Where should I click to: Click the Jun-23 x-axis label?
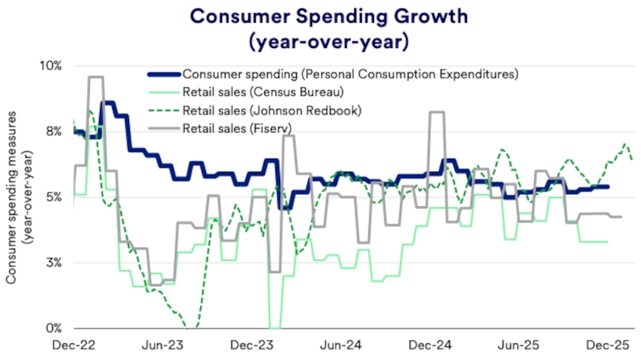[163, 346]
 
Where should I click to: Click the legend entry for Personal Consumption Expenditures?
[350, 74]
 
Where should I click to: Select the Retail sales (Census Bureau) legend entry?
[263, 92]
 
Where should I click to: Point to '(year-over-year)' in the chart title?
[320, 42]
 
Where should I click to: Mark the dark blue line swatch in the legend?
[163, 74]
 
